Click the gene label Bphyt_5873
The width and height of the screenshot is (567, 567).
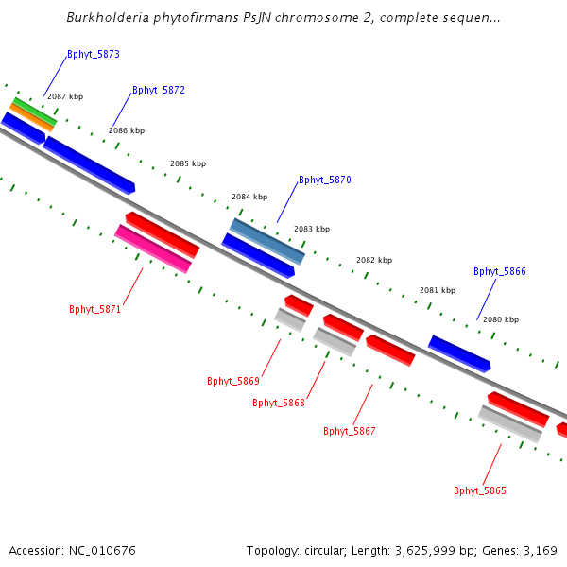94,55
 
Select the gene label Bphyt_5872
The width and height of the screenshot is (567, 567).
159,91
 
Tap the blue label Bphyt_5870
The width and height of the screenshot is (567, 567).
325,180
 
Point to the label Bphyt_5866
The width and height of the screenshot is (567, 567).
500,271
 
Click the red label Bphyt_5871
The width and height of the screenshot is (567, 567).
95,309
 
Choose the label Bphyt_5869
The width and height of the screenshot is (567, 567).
233,382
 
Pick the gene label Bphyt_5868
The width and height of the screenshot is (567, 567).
279,403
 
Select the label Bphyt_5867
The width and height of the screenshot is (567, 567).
350,431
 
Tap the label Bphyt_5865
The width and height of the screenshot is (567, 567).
480,490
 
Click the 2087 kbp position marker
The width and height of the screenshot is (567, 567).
65,96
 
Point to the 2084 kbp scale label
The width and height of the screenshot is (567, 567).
249,198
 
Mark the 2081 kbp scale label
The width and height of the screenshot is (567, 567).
438,290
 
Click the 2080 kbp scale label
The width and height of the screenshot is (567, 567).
501,319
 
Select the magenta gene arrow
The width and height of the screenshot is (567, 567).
152,249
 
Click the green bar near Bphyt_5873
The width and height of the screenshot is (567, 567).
34,110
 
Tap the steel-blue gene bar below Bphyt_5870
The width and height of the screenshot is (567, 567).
267,242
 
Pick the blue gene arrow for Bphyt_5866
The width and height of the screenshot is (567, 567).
459,353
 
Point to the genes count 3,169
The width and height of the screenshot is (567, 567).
540,550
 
